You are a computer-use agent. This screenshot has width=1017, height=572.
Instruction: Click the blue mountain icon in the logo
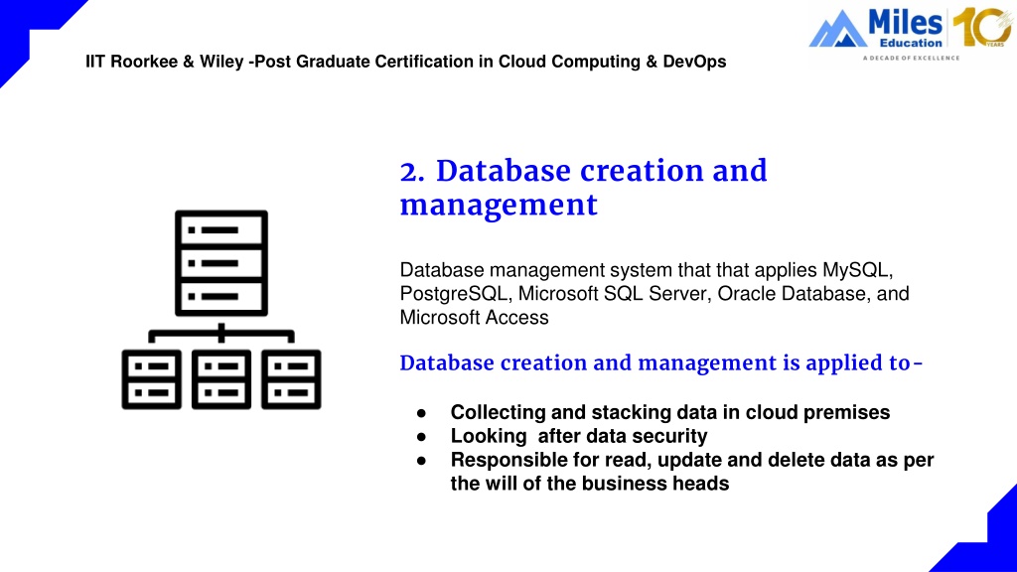(x=837, y=29)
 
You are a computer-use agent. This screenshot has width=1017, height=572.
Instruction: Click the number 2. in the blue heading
(x=412, y=172)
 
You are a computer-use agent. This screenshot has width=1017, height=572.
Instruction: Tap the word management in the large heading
(x=499, y=205)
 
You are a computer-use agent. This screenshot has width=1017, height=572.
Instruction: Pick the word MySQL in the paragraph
(x=857, y=270)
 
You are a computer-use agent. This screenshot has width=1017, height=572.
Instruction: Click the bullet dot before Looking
(x=421, y=437)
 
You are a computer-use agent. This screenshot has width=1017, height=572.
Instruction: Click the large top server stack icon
(x=221, y=262)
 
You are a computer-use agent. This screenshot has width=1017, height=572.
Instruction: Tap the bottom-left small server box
(x=152, y=379)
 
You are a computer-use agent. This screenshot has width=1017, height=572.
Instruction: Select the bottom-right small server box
(x=291, y=379)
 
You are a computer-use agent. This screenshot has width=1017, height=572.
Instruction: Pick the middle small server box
(x=221, y=379)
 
